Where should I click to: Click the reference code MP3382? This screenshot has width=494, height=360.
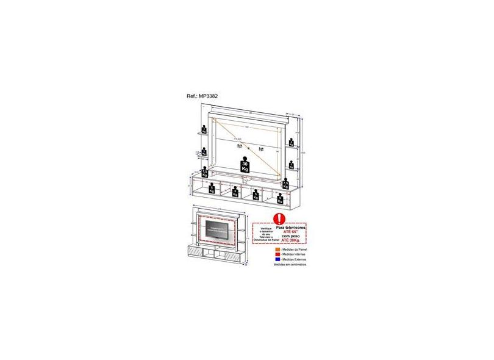click(x=218, y=96)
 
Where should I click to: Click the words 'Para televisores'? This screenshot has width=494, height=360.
click(x=289, y=226)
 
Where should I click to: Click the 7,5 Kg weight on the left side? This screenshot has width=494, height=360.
click(x=205, y=174)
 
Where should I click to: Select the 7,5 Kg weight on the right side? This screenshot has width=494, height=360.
click(x=285, y=183)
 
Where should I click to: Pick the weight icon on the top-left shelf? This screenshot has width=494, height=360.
click(x=204, y=129)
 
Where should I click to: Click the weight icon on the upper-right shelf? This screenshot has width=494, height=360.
click(x=292, y=143)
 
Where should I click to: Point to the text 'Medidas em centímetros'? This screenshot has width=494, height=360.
click(x=290, y=265)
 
